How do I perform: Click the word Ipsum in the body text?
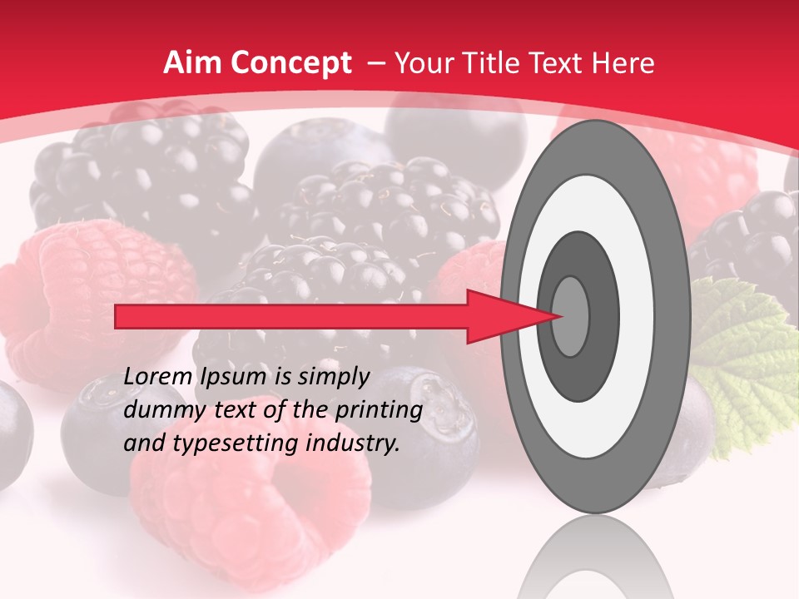click(234, 377)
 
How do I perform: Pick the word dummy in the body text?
click(159, 410)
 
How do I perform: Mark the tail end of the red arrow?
click(117, 316)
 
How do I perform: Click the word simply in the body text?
click(332, 377)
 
